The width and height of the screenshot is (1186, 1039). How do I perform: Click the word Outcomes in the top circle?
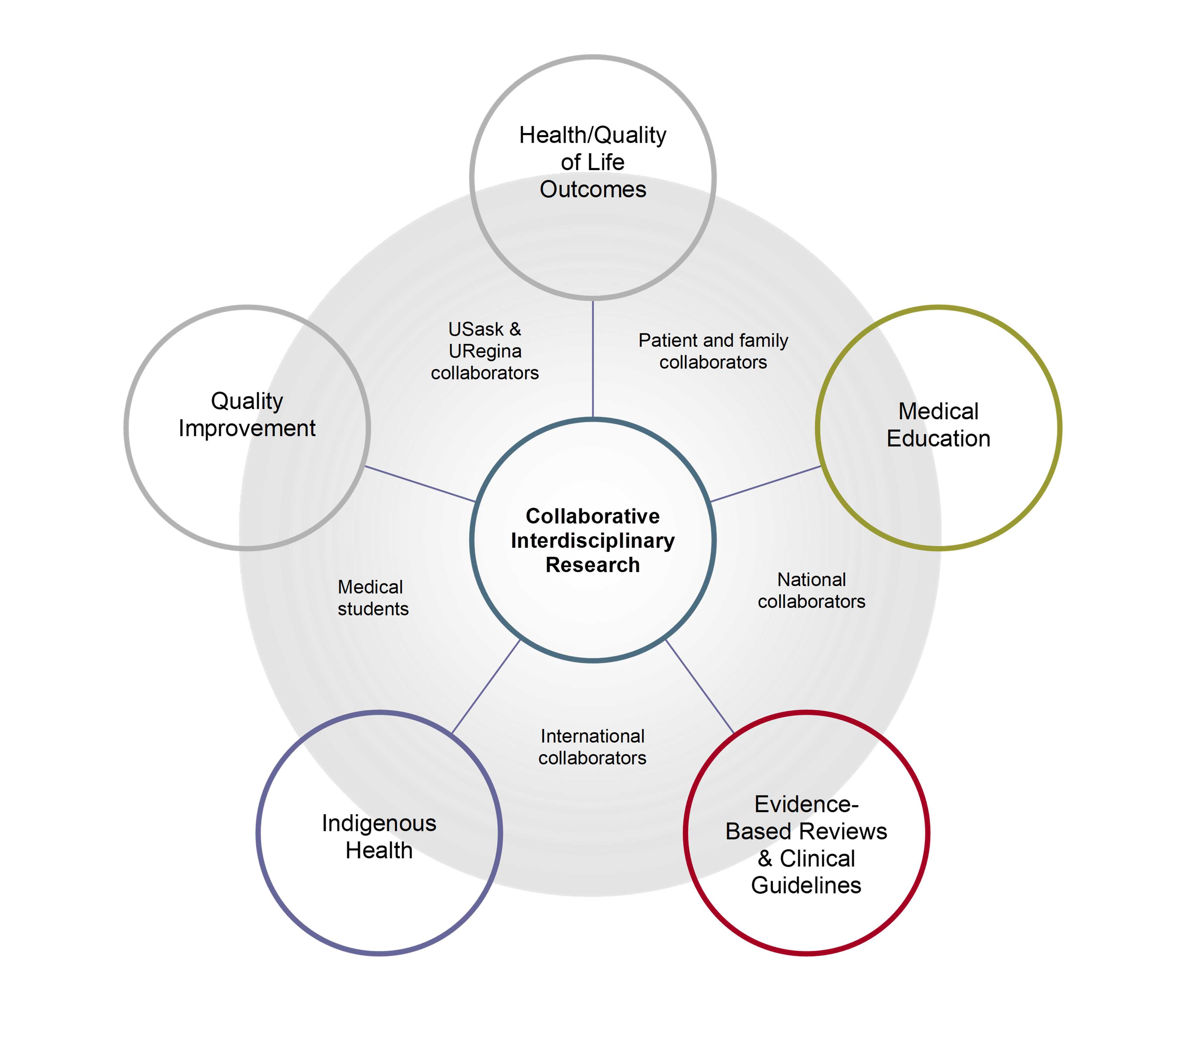(x=593, y=189)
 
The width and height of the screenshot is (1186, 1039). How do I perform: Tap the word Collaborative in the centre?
(x=593, y=516)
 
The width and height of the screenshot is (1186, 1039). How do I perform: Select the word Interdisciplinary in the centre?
(x=593, y=540)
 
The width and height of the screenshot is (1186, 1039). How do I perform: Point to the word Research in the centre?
(x=593, y=565)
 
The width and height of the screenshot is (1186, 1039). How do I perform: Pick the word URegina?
(x=485, y=351)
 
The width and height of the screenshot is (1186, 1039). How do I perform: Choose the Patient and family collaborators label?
(x=713, y=351)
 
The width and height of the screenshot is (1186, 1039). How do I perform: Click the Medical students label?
(x=373, y=598)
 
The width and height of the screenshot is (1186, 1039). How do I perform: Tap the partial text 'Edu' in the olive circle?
(x=909, y=438)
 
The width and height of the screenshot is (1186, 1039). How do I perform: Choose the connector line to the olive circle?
(x=765, y=484)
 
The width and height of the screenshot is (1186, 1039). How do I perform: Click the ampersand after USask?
(x=515, y=329)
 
